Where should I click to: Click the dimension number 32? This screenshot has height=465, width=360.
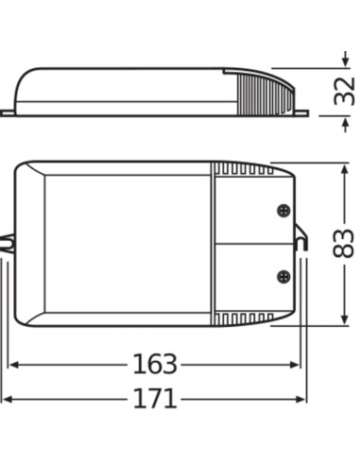point(345,91)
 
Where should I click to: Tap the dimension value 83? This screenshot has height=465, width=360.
point(345,244)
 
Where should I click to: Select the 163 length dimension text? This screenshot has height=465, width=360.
point(154,364)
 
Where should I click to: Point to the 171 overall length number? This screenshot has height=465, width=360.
point(154,398)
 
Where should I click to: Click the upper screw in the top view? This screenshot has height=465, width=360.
point(282,213)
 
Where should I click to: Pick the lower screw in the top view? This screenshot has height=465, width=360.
point(282,276)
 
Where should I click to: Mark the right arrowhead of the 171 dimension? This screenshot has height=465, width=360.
point(302,399)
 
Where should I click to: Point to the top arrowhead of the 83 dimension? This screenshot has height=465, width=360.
point(341,168)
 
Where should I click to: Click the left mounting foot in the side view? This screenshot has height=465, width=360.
point(8,112)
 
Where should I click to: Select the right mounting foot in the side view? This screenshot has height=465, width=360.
point(300,112)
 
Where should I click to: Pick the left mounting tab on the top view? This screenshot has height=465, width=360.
point(8,244)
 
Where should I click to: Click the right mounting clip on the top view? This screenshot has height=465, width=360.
point(302,244)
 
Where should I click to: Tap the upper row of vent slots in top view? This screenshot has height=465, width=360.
point(244,171)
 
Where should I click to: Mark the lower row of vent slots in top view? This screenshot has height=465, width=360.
point(244,317)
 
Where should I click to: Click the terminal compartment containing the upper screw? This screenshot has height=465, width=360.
point(250,213)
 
